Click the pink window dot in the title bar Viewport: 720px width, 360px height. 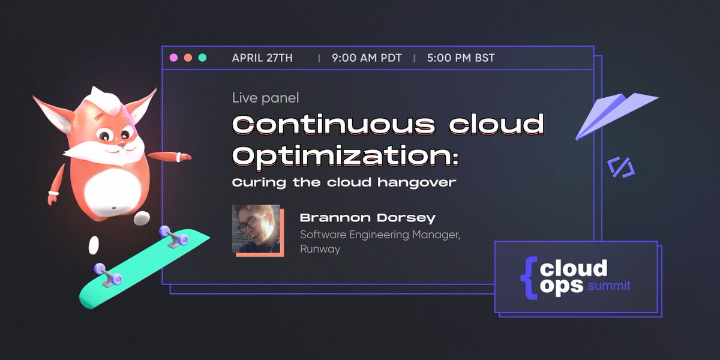(x=173, y=58)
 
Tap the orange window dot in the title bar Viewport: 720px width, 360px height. (x=188, y=58)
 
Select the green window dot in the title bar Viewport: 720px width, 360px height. (x=202, y=58)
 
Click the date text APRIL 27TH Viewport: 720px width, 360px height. (x=262, y=58)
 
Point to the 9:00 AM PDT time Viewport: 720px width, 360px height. (x=366, y=58)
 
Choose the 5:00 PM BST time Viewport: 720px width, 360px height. (x=461, y=58)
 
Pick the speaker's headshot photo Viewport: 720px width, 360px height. (x=256, y=229)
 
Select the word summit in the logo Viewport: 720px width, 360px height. (x=609, y=286)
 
